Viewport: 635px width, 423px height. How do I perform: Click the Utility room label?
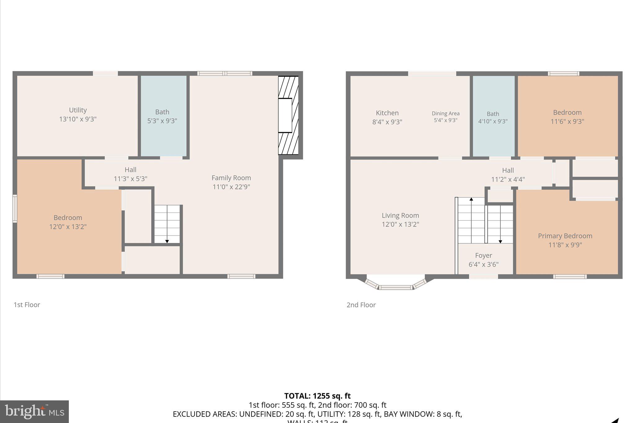(x=78, y=110)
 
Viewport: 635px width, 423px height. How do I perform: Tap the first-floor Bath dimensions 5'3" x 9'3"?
(x=162, y=121)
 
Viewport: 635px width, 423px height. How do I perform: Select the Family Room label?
(x=231, y=178)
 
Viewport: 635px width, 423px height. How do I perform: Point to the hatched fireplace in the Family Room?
(x=288, y=115)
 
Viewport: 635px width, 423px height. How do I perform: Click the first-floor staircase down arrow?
(x=167, y=241)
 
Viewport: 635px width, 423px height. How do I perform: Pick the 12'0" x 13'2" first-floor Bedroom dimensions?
(x=68, y=227)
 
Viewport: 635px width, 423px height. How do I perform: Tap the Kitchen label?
(x=387, y=113)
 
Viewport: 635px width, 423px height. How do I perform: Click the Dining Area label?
(x=446, y=113)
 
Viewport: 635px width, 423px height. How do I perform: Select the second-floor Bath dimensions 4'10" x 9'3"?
(x=493, y=121)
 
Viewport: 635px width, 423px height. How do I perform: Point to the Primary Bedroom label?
(x=565, y=236)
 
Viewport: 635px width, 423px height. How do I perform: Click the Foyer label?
(x=483, y=255)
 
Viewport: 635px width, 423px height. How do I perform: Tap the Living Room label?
(x=400, y=215)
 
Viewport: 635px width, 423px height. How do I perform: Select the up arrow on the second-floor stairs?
(x=471, y=199)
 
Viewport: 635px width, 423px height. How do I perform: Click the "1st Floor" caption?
(x=27, y=305)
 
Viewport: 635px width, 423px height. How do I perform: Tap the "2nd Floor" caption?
(x=361, y=305)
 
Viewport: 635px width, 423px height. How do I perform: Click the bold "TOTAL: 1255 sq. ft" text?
(x=317, y=396)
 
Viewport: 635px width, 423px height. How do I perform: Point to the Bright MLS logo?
(x=34, y=411)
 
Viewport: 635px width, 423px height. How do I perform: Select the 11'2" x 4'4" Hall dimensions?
(x=508, y=179)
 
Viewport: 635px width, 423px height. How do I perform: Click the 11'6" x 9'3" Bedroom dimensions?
(x=567, y=121)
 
